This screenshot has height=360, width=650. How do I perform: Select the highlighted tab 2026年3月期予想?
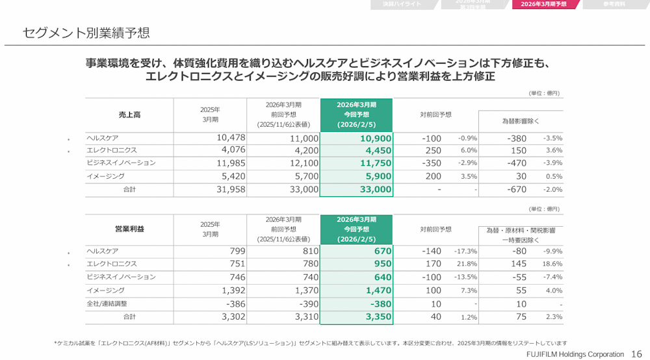(x=543, y=5)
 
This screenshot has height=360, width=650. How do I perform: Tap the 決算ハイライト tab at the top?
(x=402, y=5)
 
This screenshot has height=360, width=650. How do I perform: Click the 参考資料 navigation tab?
(x=614, y=5)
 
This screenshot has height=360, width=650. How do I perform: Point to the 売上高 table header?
(x=129, y=115)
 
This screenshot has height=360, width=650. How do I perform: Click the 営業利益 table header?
(x=129, y=229)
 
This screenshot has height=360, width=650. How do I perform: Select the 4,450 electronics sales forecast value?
(x=378, y=151)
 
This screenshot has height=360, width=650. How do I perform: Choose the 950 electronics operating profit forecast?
(x=383, y=264)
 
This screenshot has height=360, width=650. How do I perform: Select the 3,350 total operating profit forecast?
(x=378, y=316)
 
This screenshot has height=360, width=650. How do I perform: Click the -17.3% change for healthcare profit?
(x=465, y=251)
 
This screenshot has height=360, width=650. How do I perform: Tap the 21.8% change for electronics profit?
(x=467, y=264)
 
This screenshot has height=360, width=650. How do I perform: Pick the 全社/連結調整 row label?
(x=107, y=303)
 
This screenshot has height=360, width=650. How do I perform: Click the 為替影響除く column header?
(x=521, y=121)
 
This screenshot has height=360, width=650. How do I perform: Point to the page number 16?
(x=636, y=354)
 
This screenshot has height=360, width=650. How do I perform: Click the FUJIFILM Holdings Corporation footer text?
(x=575, y=355)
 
